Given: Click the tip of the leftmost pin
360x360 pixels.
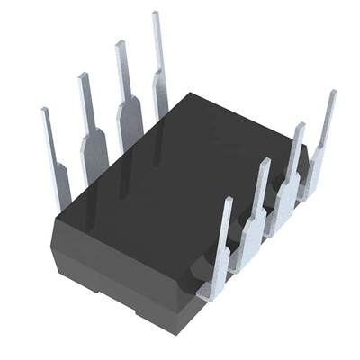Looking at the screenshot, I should coord(44,111).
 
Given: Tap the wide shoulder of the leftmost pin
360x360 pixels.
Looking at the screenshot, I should coord(61,180).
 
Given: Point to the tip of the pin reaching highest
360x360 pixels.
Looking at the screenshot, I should coord(155,14).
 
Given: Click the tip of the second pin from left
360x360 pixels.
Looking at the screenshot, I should coord(83,76).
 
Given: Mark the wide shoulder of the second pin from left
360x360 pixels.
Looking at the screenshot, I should coord(94,148).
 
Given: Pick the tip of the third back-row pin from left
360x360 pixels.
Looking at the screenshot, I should coord(119,44).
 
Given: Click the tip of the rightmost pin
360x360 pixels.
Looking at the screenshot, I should coord(332,93).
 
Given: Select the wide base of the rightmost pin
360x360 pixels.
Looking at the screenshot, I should coord(314,175).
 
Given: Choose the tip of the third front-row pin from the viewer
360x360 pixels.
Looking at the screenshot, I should coord(299,126).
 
